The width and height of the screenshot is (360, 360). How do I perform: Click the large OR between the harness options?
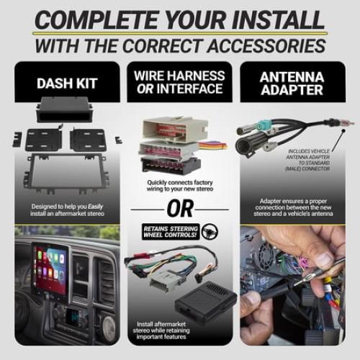pyautogui.click(x=180, y=209)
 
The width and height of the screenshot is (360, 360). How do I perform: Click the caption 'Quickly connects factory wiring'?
pyautogui.click(x=180, y=186)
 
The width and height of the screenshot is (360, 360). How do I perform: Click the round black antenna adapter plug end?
pyautogui.click(x=247, y=145)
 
